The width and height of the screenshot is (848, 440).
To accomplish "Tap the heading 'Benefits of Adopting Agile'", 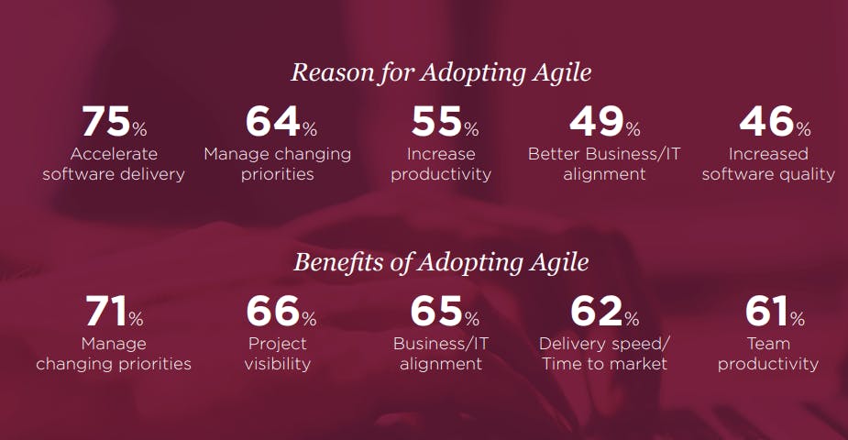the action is coord(441,263).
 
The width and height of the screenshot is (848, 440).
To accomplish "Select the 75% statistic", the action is coord(114,121).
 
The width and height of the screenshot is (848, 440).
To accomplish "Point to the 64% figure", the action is coord(281,121).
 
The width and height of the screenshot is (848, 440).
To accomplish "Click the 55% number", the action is coord(445,121).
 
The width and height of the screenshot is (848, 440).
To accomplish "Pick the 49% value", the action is coord(605,121).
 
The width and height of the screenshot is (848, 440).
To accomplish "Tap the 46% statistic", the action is coord(775,121).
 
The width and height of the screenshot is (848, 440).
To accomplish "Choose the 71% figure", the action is coord(114,312).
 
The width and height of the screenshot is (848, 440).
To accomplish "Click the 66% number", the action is coord(281,312).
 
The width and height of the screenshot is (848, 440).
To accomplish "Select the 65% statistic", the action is coord(445,312).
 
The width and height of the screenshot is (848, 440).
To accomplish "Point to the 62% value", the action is coord(605,312).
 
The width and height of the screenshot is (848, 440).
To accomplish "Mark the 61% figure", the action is coord(775,312).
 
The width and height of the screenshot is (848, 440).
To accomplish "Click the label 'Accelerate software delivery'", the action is coord(114,164).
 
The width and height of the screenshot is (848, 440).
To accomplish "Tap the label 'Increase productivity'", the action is coord(441,164).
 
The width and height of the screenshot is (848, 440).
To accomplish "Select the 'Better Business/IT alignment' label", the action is coord(604,164).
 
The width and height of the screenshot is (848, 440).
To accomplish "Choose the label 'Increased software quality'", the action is coord(768,164).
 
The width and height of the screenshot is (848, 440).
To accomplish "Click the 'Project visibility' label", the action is coord(278,354).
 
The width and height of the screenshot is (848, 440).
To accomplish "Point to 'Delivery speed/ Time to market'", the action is coord(604,354).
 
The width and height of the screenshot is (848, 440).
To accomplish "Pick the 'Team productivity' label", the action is coord(768,354).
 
